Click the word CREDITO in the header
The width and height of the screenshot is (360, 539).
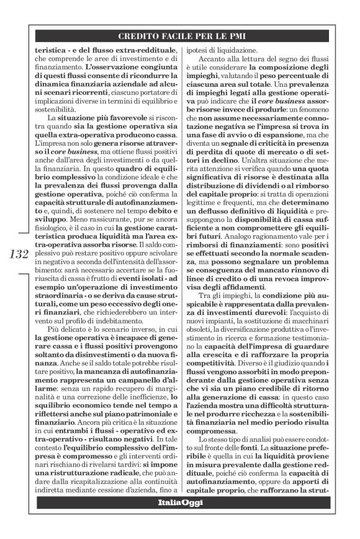point(138,37)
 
